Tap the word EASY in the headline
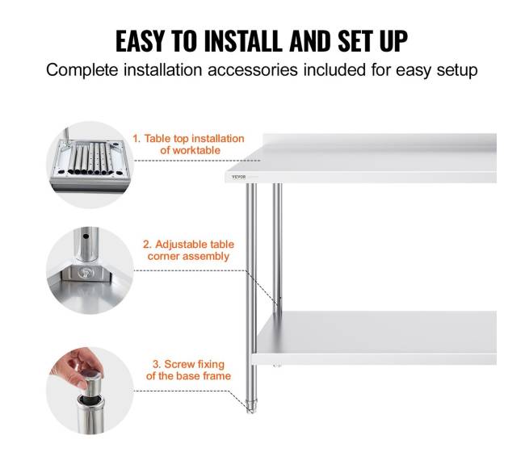(x=140, y=41)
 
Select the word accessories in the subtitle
(x=253, y=70)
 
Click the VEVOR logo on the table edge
(x=238, y=177)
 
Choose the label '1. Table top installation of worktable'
(x=189, y=144)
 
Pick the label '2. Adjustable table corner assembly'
(x=188, y=250)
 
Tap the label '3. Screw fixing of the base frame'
(x=188, y=370)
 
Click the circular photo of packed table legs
(x=90, y=165)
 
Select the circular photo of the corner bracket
(x=90, y=270)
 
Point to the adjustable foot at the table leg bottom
(x=250, y=406)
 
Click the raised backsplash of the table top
(x=380, y=140)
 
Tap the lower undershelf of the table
(x=374, y=338)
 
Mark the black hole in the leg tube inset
(x=86, y=237)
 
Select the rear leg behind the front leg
(x=277, y=248)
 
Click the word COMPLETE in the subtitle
(x=82, y=70)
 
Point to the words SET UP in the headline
(x=372, y=41)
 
